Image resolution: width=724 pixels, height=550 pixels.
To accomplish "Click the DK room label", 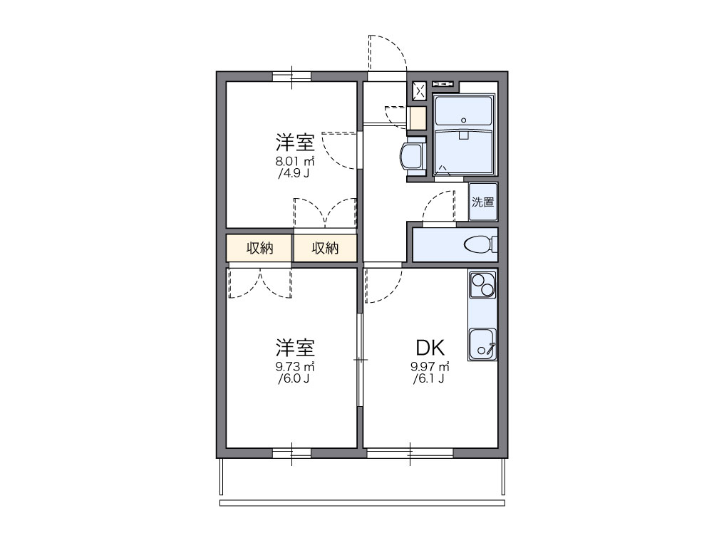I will tap(430, 348).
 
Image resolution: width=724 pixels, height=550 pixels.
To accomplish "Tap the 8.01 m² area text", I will tap(296, 161).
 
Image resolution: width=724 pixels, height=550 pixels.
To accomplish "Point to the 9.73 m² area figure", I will tap(296, 367).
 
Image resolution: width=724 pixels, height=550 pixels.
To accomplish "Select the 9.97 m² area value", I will tap(430, 367).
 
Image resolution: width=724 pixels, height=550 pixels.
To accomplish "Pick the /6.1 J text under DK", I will tap(429, 379).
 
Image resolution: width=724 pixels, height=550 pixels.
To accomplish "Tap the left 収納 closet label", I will tap(260, 248).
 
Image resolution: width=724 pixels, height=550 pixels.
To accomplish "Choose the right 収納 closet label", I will tap(325, 248).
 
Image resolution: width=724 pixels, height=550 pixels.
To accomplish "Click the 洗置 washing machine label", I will tap(482, 202).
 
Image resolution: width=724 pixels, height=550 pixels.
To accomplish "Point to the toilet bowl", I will tap(477, 245).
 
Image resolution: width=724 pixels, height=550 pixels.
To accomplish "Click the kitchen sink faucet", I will tap(491, 347).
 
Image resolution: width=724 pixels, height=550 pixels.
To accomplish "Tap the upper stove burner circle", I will tap(476, 279).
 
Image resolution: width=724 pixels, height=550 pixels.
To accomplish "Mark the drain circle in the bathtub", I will tap(464, 120).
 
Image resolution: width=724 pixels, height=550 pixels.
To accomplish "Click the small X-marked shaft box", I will tap(419, 90).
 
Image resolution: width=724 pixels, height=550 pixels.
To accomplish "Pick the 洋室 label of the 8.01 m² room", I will tap(296, 142).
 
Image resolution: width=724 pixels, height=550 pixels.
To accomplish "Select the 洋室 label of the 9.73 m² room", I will tap(296, 348).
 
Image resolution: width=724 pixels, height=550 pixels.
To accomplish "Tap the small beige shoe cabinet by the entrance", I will tap(417, 117).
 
